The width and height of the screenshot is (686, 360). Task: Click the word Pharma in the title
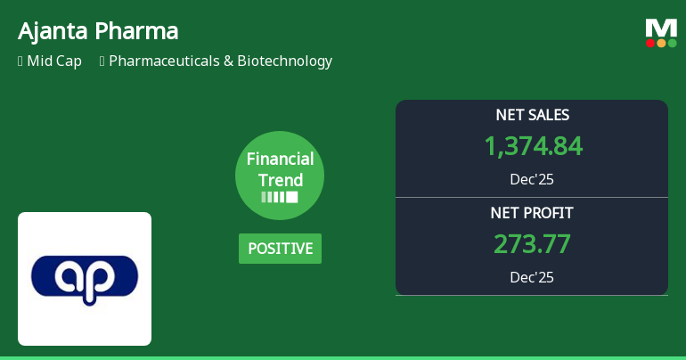click(135, 31)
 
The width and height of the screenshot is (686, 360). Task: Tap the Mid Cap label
click(56, 61)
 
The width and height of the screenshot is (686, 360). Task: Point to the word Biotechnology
click(284, 61)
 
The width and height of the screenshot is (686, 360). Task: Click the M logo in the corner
click(661, 27)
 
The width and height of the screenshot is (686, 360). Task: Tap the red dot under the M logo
click(650, 43)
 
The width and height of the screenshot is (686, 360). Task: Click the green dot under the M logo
click(672, 43)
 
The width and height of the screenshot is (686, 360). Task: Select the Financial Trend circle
click(280, 175)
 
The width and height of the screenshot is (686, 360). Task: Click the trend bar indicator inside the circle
click(280, 196)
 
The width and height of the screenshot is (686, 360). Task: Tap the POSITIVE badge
click(280, 249)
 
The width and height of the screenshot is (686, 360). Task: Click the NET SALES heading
click(532, 115)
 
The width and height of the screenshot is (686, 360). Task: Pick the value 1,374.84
click(532, 146)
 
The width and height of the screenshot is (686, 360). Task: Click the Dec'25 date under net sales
click(532, 179)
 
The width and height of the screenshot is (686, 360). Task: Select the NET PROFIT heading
click(532, 213)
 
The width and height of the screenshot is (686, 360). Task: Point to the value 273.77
click(532, 244)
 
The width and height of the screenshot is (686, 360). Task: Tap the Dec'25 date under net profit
click(532, 277)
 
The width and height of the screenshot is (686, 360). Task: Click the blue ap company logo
click(85, 279)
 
